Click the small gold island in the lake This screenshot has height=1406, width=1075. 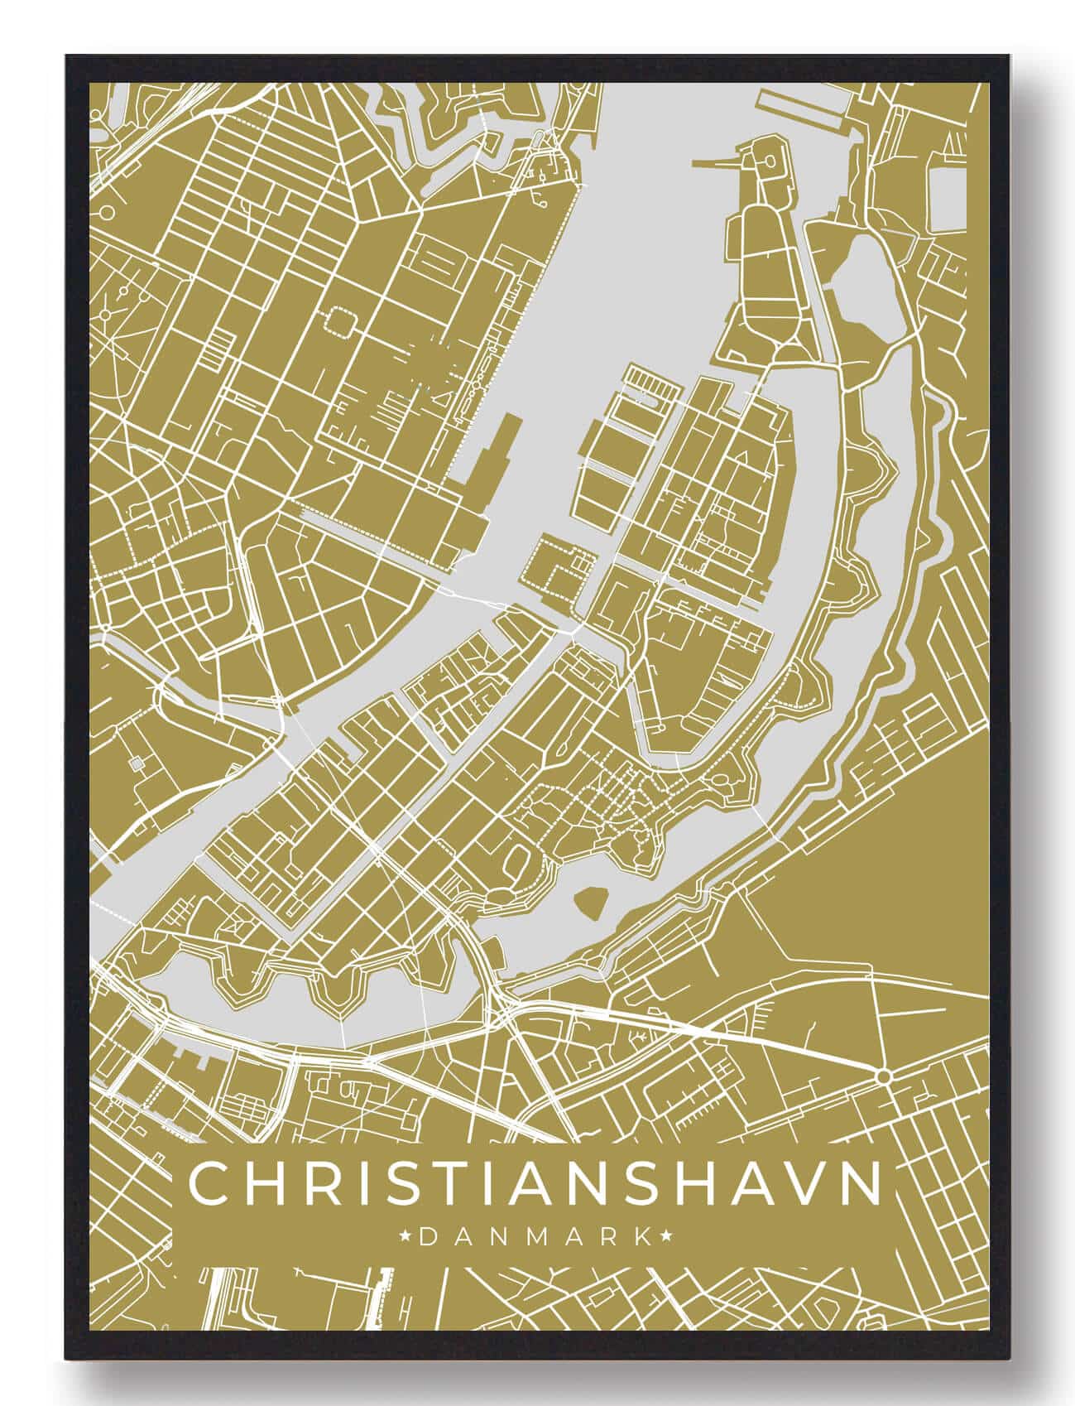click(x=591, y=900)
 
